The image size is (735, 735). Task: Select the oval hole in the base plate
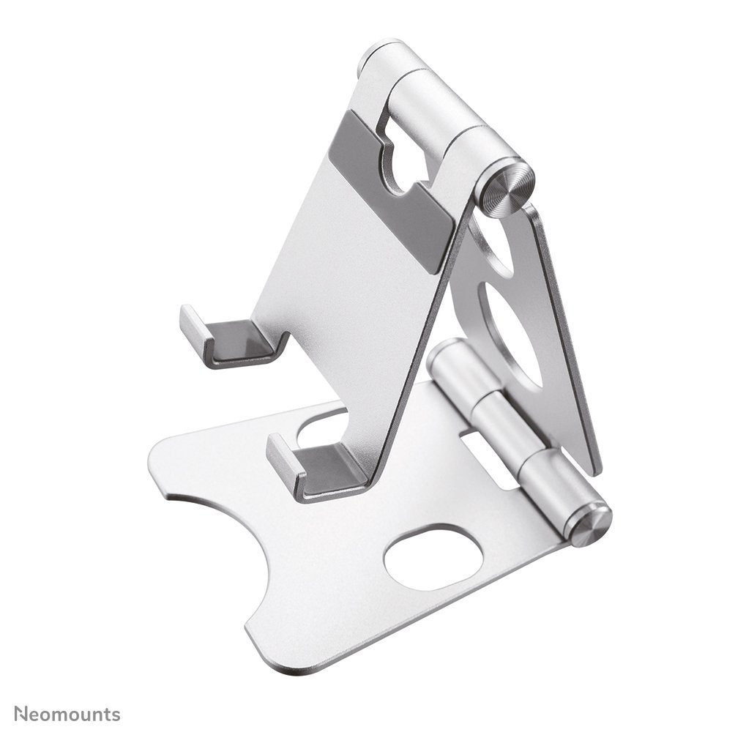pyautogui.click(x=433, y=558)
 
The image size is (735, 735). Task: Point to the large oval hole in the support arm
pyautogui.click(x=510, y=333)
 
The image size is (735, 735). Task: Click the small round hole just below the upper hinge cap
pyautogui.click(x=492, y=242)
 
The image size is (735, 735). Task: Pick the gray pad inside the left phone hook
pyautogui.click(x=242, y=340)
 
